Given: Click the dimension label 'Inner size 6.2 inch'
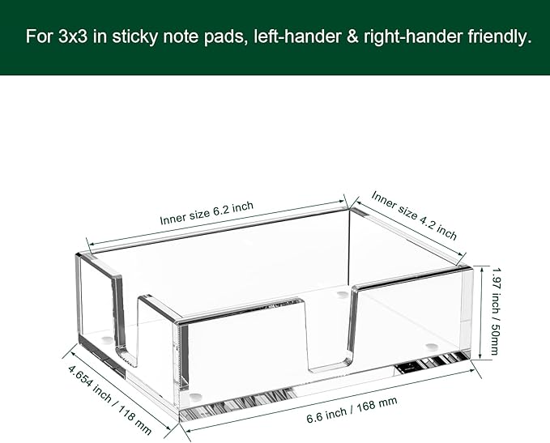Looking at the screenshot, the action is point(207,213).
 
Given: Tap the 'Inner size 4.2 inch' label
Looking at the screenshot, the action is point(414,215).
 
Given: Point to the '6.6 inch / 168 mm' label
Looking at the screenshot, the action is point(352,410).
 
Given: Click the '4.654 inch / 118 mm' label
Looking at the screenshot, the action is point(110,400).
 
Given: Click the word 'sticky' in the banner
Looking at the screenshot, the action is point(134,36).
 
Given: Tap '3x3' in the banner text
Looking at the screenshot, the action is point(73,36).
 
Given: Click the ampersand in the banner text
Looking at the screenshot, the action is point(353,36).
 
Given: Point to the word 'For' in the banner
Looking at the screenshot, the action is point(39,36).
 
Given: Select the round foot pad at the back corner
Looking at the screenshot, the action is point(340,294).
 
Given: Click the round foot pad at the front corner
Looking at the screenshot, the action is point(196,397).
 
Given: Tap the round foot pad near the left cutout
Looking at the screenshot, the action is point(107,339).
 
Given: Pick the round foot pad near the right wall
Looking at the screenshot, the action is point(432,347).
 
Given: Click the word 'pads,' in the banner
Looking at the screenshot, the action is point(224,36).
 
